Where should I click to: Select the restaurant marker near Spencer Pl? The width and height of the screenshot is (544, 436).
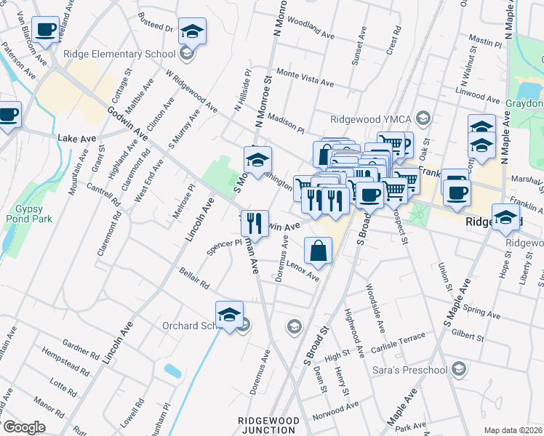pyautogui.click(x=255, y=222)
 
